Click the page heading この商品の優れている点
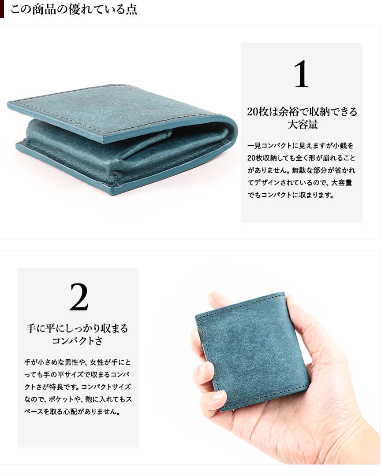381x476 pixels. [x=74, y=9]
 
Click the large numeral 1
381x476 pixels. [x=301, y=74]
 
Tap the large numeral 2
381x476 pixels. [x=79, y=297]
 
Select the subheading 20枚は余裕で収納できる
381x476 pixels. [x=302, y=112]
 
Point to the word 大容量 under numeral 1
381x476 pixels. [x=302, y=125]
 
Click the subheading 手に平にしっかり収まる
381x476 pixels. [x=77, y=328]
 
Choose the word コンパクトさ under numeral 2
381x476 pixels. [x=77, y=341]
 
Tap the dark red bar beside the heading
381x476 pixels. [x=2, y=9]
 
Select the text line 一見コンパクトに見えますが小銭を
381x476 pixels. [x=300, y=146]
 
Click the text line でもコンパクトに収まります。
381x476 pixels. [x=291, y=195]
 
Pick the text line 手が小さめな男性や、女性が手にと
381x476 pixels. [x=77, y=362]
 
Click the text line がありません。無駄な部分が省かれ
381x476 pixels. [x=301, y=170]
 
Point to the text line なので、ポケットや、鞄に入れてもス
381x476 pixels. [x=78, y=399]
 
